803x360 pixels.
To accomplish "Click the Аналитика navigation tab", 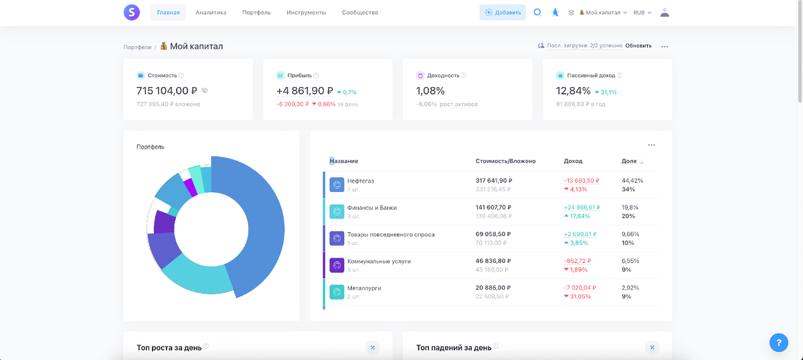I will point(211,13).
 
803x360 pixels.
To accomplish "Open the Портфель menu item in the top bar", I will point(256,13).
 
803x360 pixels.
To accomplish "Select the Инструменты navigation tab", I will point(306,13).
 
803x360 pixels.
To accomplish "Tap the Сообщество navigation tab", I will point(360,13).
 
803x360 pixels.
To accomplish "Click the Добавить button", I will point(503,13).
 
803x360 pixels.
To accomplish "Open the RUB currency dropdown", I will point(642,13).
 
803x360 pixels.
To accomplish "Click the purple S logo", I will point(132,12).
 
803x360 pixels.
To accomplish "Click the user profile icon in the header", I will point(664,12).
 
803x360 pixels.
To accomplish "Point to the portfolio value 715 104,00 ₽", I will point(167,91).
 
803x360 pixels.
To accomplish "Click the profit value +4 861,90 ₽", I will point(304,91).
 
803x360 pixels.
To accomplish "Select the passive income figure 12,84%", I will point(573,91).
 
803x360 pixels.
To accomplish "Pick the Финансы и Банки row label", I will point(371,207).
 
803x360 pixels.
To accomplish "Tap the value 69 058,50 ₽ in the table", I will point(494,234).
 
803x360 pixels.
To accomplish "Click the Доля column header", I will point(629,161).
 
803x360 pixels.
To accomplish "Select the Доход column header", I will point(573,161).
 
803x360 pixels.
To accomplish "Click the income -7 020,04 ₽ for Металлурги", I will point(581,288).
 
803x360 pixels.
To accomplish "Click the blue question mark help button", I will point(778,343).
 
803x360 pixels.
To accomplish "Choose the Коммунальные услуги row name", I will point(379,261).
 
